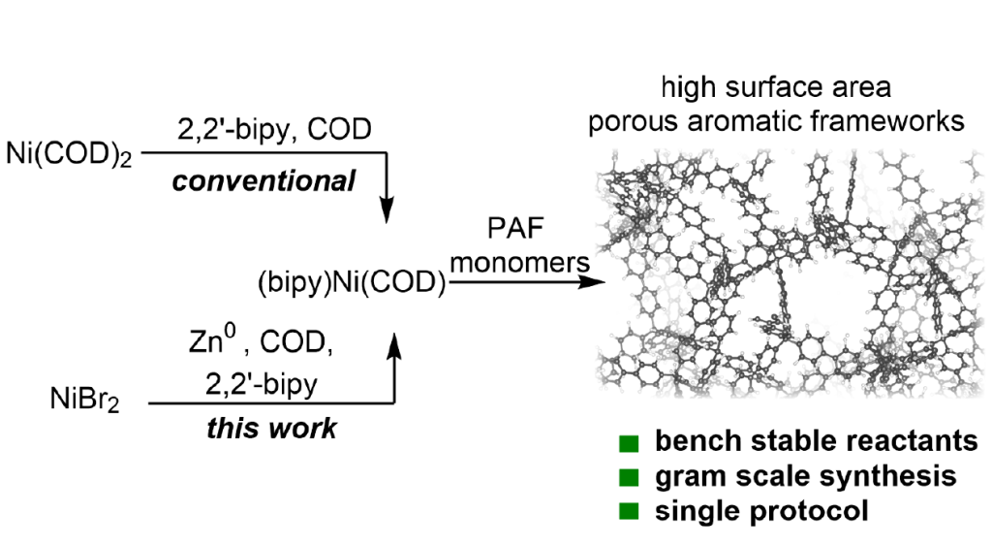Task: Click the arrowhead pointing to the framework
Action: (x=585, y=284)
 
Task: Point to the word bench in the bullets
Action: (x=687, y=442)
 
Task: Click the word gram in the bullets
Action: (x=682, y=477)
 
